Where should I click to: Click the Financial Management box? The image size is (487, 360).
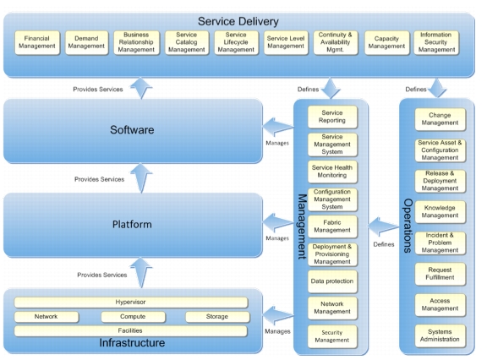point(37,42)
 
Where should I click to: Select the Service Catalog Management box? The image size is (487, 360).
point(187,42)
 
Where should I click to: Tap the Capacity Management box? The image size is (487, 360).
point(386,42)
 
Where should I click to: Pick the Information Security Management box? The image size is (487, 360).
point(436,42)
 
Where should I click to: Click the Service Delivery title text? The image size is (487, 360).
point(238,21)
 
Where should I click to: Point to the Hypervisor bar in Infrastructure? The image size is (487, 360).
point(131,303)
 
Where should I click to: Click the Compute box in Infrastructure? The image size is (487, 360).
point(133,317)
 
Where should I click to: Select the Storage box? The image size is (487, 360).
point(217,317)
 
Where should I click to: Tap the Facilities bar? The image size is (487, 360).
point(130,331)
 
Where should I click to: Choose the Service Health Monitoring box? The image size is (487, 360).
point(332,172)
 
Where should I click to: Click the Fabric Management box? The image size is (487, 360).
point(332,226)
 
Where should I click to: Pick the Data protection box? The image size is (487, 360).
point(332,281)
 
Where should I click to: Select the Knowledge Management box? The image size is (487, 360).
point(440,212)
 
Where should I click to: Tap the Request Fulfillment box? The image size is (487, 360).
point(440,274)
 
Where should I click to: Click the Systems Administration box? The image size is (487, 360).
point(440,335)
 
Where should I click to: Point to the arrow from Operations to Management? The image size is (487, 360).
point(383,226)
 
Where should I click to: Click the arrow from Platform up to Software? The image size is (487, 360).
point(141,178)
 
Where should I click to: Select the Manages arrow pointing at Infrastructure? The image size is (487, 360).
point(278,316)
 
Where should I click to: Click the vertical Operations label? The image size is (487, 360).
point(408,226)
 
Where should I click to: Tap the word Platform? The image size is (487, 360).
point(132,225)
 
